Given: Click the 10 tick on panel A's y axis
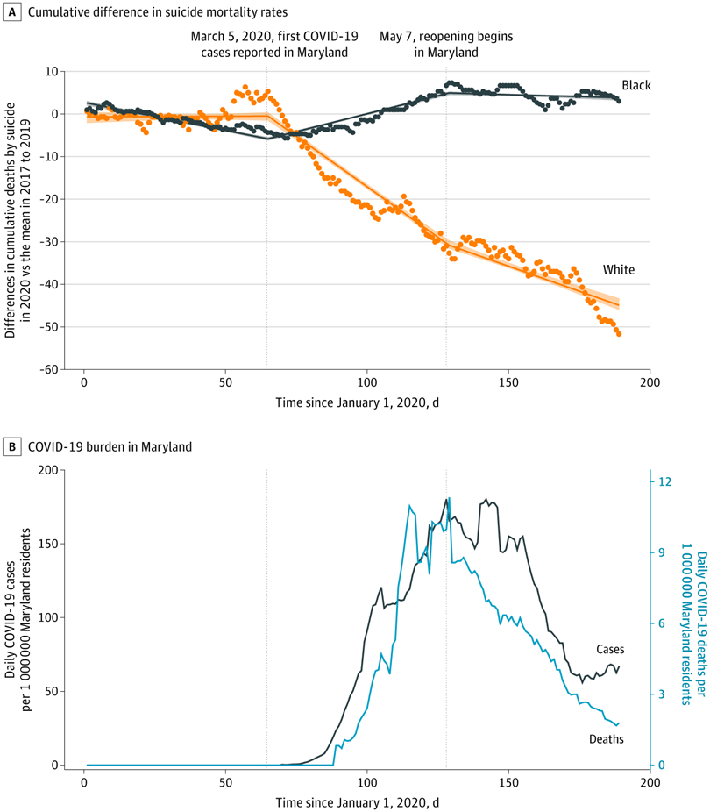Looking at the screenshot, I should (x=53, y=71).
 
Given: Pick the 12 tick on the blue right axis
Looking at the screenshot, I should (x=664, y=481).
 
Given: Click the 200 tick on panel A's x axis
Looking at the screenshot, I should (x=650, y=383).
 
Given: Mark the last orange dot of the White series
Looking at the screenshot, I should (x=619, y=334).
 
